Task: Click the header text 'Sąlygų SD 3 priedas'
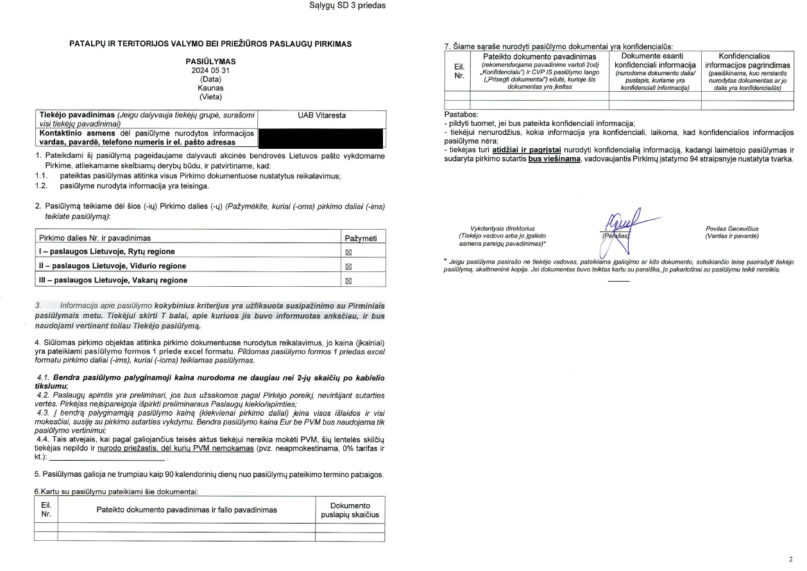[x=347, y=6]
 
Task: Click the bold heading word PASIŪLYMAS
[x=210, y=62]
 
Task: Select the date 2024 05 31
[x=210, y=71]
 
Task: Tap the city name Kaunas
[x=210, y=88]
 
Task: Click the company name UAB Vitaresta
[x=321, y=115]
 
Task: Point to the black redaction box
[x=321, y=138]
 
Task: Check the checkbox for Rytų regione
[x=350, y=252]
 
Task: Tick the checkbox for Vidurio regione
[x=350, y=266]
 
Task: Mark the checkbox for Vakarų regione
[x=350, y=280]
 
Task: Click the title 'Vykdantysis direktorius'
[x=502, y=228]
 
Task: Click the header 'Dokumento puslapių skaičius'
[x=350, y=510]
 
